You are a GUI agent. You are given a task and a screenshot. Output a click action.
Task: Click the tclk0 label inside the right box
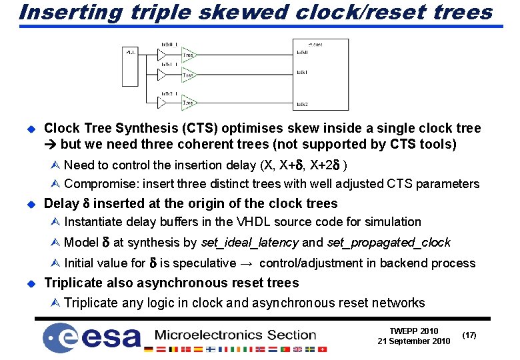pyautogui.click(x=302, y=52)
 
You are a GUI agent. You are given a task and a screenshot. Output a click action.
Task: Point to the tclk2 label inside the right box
pyautogui.click(x=302, y=104)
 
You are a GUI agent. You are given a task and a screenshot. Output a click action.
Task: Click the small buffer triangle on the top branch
pyautogui.click(x=162, y=55)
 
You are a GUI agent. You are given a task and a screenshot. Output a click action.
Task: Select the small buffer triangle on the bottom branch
pyautogui.click(x=162, y=103)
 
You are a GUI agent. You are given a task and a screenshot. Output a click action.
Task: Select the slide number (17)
pyautogui.click(x=469, y=335)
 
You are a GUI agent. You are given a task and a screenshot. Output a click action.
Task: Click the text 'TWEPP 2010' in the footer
pyautogui.click(x=414, y=331)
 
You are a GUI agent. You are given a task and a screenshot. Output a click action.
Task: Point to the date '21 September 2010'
pyautogui.click(x=413, y=341)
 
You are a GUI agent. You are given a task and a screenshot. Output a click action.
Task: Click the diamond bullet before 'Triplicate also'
pyautogui.click(x=29, y=283)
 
